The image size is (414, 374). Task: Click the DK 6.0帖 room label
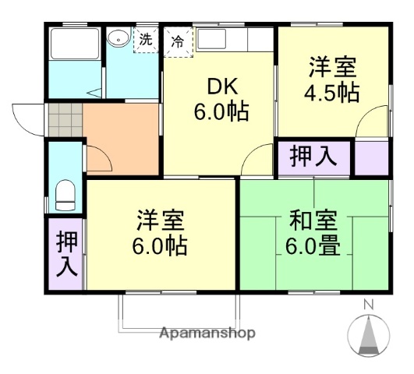point(221,98)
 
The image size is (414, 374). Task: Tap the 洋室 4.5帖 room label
point(331,79)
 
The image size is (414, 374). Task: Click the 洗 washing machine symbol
point(145,39)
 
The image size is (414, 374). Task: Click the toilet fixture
point(65,194)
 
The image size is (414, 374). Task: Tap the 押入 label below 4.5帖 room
point(313,157)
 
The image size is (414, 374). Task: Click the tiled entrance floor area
point(64,121)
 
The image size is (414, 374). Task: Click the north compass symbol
point(370,336)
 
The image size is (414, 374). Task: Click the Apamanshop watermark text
point(207,333)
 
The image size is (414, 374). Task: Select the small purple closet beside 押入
point(371,157)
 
